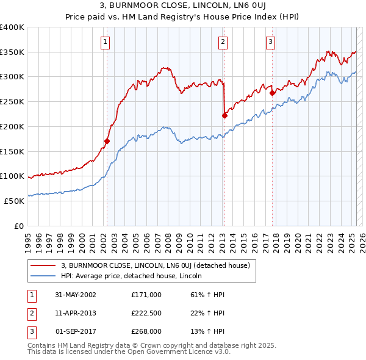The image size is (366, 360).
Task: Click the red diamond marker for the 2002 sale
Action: [107, 141]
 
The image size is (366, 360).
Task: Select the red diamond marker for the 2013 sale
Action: [224, 115]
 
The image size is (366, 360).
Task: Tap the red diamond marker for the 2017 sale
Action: [272, 93]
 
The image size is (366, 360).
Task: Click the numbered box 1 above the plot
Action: [106, 42]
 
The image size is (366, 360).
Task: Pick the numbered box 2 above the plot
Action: [223, 42]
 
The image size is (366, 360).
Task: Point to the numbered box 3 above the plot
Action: [270, 42]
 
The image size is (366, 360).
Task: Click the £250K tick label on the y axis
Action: [12, 101]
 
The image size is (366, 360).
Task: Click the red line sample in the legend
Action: [43, 266]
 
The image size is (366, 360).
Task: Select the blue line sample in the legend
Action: [43, 276]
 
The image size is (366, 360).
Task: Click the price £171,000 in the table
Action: [146, 294]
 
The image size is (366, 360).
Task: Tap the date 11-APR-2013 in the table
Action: [76, 313]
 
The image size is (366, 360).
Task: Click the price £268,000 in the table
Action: [146, 332]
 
